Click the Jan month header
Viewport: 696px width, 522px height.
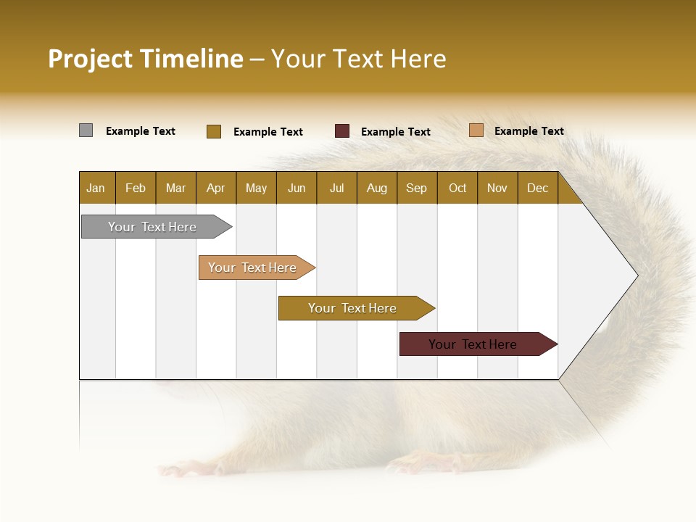tap(96, 188)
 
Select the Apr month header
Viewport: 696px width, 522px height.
tap(215, 188)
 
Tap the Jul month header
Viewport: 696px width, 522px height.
tap(336, 188)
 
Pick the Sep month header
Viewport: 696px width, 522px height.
tap(416, 188)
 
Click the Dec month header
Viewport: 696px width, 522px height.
tap(537, 188)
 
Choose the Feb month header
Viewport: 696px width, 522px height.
tap(136, 188)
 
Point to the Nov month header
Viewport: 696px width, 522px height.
tap(497, 188)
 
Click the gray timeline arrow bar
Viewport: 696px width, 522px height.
tap(152, 227)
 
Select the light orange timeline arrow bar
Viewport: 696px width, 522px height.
tap(252, 268)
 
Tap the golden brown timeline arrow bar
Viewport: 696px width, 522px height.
tap(352, 308)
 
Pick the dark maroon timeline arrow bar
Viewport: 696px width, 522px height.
tap(473, 344)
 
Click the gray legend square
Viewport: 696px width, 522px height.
tap(86, 130)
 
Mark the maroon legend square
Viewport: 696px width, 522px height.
tap(342, 131)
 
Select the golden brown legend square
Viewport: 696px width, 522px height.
tap(213, 131)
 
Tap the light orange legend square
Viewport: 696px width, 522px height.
tap(476, 130)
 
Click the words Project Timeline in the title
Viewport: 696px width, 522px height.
tap(145, 59)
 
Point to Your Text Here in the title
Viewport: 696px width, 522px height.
tap(358, 59)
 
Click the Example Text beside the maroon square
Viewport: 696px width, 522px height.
tap(395, 132)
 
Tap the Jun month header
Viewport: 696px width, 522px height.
tap(297, 188)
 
